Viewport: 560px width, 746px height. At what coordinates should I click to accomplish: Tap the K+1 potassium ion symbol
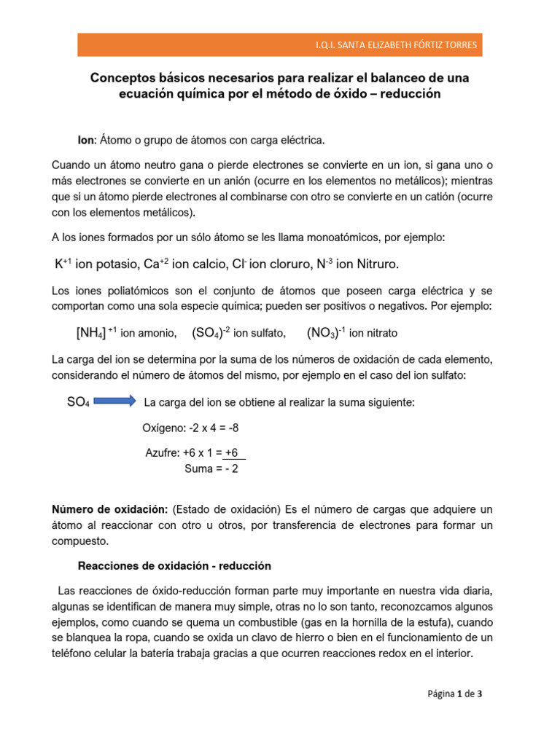(x=62, y=263)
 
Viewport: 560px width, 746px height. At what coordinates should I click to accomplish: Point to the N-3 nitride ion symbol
(x=322, y=263)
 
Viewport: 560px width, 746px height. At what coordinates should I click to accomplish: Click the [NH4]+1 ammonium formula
(x=96, y=333)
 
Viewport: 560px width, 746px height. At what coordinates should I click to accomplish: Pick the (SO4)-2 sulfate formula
(x=211, y=333)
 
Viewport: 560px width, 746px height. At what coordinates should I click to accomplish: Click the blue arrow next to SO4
(x=114, y=401)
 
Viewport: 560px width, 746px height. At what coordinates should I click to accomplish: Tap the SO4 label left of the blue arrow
(x=78, y=402)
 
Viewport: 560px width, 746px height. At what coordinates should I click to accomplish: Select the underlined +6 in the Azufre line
(x=232, y=452)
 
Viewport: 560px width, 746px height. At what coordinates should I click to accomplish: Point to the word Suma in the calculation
(x=199, y=468)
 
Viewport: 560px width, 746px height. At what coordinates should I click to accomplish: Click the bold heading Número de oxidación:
(x=111, y=509)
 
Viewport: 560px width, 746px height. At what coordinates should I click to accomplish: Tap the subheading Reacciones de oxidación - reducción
(x=174, y=565)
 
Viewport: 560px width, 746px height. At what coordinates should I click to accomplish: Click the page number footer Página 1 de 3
(x=454, y=694)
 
